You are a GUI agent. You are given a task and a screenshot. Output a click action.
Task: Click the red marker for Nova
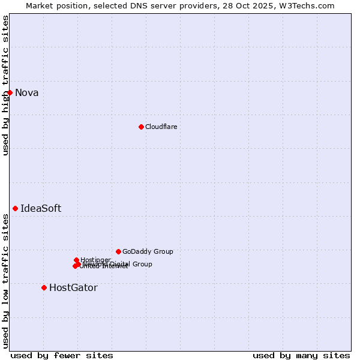click(x=10, y=92)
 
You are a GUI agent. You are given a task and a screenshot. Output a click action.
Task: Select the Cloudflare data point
click(x=141, y=127)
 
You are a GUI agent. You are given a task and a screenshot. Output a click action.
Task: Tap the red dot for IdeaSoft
click(x=15, y=208)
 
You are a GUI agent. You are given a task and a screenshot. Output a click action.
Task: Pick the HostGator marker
click(x=44, y=287)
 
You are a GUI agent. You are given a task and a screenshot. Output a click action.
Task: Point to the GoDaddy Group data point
click(x=118, y=251)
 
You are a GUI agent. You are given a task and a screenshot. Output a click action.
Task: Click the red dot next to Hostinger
click(x=76, y=260)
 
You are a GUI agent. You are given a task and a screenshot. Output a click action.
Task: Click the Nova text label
click(x=26, y=92)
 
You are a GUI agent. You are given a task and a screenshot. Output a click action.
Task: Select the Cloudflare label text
click(x=161, y=127)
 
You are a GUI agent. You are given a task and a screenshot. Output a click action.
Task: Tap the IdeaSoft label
click(x=41, y=208)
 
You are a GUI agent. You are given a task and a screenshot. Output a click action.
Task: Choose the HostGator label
click(x=73, y=287)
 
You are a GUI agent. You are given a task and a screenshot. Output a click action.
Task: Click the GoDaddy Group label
click(x=148, y=251)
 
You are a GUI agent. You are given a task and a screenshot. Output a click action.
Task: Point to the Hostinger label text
click(x=95, y=260)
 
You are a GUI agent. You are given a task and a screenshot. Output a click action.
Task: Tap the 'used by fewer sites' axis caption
click(x=62, y=355)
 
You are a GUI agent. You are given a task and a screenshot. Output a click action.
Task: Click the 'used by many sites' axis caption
click(x=301, y=355)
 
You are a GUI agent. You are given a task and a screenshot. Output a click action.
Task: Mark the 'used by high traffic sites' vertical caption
click(x=5, y=85)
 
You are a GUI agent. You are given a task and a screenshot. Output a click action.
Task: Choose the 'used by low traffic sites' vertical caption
click(x=5, y=280)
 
